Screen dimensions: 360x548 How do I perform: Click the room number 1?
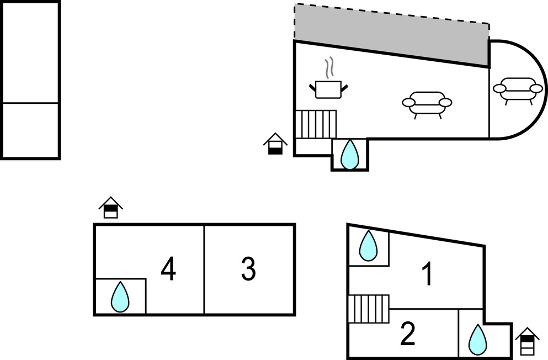point(427,274)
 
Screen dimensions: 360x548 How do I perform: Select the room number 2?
point(407,334)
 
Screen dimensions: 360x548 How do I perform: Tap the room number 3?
point(248,269)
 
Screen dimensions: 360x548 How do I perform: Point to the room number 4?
point(168,269)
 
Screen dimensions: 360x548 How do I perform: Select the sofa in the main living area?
point(427,103)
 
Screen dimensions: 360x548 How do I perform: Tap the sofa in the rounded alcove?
point(517,89)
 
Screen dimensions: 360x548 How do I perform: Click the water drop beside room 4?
point(120,298)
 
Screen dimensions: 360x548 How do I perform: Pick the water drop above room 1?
point(368,246)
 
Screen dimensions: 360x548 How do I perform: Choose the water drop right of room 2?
point(477,339)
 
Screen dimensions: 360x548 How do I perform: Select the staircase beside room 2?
point(369,309)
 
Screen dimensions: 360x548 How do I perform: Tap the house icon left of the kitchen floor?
point(275,144)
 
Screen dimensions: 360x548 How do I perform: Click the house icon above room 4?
point(111,208)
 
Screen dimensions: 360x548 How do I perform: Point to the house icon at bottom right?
point(527,342)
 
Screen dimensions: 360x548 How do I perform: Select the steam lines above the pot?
point(329,67)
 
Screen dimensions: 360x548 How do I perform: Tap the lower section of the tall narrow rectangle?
point(30,130)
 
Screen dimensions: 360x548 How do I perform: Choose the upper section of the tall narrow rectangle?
point(30,52)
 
